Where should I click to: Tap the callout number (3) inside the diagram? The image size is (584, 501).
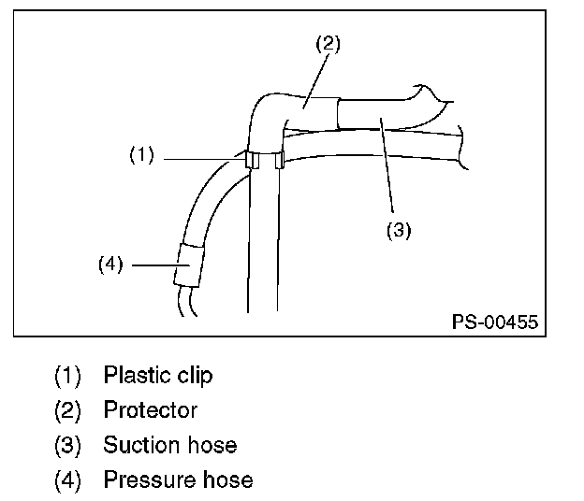click(x=399, y=230)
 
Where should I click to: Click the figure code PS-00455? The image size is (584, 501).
click(x=495, y=322)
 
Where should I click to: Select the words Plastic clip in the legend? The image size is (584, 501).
click(x=158, y=376)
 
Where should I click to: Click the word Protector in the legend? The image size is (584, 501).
click(x=151, y=410)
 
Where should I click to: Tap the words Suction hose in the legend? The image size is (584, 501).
click(x=169, y=445)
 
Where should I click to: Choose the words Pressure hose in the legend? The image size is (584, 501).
click(x=178, y=480)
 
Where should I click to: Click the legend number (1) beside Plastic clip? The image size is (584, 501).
click(x=67, y=377)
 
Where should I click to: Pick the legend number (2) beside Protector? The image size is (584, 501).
click(x=67, y=411)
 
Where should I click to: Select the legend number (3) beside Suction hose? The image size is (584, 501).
click(x=67, y=446)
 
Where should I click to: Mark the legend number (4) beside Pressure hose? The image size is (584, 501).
click(x=67, y=480)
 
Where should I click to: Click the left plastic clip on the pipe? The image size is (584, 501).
click(x=251, y=160)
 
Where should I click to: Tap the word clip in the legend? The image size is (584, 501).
click(x=195, y=376)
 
